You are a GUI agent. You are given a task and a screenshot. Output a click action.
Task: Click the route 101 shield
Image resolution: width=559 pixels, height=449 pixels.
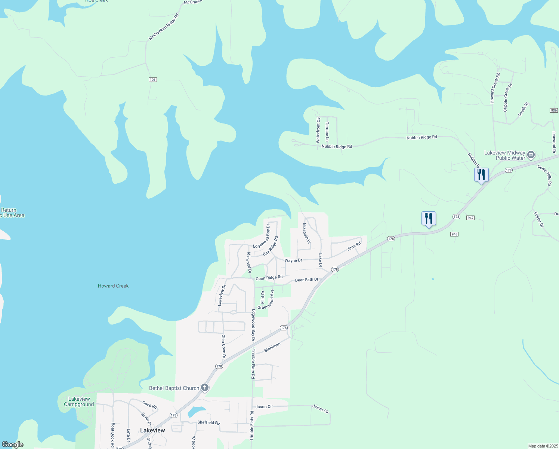click(x=152, y=80)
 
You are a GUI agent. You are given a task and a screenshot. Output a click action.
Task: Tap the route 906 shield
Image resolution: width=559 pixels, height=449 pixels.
click(x=554, y=110)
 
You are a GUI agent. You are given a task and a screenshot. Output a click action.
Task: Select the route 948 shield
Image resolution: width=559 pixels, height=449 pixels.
click(x=454, y=234)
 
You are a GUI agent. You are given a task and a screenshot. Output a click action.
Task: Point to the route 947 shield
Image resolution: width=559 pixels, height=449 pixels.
click(x=470, y=218)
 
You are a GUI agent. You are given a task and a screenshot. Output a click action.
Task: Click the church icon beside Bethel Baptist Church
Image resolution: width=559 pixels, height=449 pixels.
click(x=205, y=388)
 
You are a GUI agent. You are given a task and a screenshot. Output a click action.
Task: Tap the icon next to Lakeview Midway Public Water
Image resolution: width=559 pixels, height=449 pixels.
click(x=531, y=155)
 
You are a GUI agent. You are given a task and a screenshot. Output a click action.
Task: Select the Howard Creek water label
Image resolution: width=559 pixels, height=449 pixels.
click(x=113, y=286)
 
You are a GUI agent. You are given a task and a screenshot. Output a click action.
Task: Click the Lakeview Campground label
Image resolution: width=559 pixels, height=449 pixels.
click(x=79, y=401)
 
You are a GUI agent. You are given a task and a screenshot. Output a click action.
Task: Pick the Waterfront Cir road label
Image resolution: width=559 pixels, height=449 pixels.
click(x=318, y=130)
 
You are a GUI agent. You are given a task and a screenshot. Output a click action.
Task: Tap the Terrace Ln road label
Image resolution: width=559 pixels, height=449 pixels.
click(x=327, y=132)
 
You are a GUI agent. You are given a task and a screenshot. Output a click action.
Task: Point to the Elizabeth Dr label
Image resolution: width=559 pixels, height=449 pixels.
click(x=306, y=233)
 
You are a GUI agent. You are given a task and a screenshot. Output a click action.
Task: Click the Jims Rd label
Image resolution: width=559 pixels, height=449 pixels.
click(x=354, y=246)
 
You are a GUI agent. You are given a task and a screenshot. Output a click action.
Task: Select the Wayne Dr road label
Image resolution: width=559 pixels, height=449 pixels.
click(x=293, y=260)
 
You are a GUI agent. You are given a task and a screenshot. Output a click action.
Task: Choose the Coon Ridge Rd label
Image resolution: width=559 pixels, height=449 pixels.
click(x=269, y=278)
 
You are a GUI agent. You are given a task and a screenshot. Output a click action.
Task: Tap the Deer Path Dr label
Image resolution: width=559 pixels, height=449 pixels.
click(x=307, y=280)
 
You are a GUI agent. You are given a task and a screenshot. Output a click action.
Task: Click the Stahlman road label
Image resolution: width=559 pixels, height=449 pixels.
click(x=272, y=347)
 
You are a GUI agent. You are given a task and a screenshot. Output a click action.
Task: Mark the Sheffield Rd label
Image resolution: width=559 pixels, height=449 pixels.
click(x=209, y=422)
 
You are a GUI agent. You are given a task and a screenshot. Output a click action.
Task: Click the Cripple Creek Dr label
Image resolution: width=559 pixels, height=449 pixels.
click(x=507, y=97)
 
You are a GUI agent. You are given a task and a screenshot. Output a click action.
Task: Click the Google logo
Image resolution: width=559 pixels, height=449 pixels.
click(x=13, y=445)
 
